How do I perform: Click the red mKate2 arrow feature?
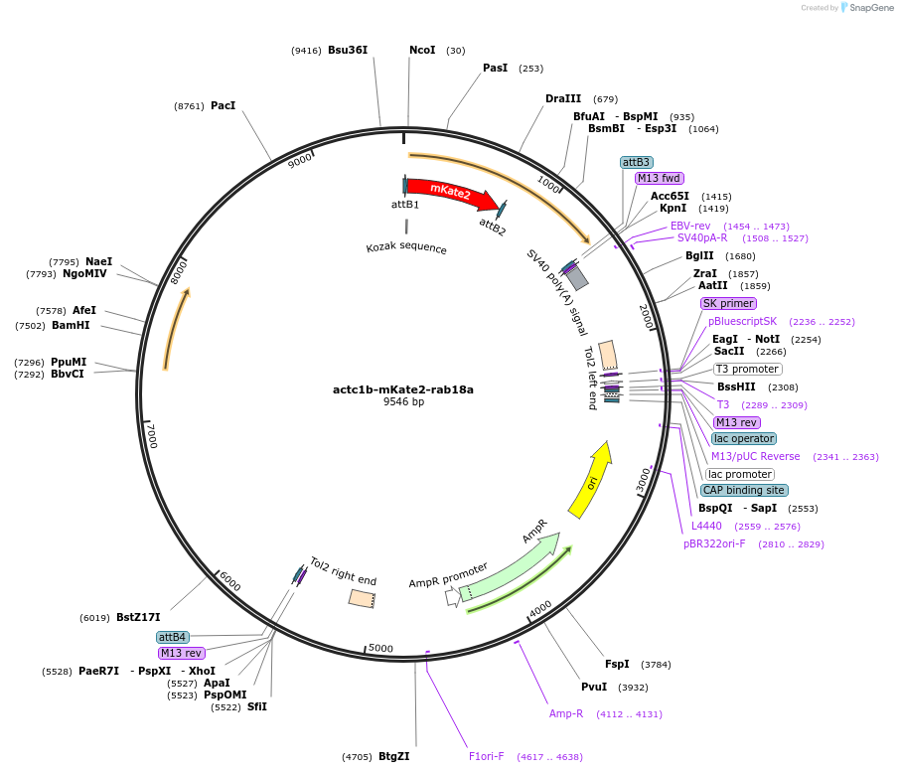[x=452, y=193]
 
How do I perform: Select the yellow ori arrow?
[x=592, y=481]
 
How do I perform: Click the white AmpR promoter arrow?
[x=453, y=595]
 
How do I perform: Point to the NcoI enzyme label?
[x=422, y=50]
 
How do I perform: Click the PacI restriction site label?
[x=223, y=105]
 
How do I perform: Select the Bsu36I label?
[x=348, y=50]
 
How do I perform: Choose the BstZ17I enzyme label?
[x=138, y=617]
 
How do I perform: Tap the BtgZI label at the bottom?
[x=393, y=756]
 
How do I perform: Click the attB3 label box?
[x=636, y=162]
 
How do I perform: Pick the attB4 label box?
[x=172, y=637]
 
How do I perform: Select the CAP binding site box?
[x=743, y=490]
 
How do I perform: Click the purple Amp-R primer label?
[x=566, y=713]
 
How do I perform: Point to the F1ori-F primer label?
[x=486, y=756]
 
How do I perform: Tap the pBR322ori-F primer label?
[x=713, y=543]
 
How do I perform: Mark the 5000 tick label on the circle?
[x=381, y=648]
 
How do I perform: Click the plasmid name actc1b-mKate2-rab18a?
[x=403, y=389]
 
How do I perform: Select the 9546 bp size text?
[x=403, y=402]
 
